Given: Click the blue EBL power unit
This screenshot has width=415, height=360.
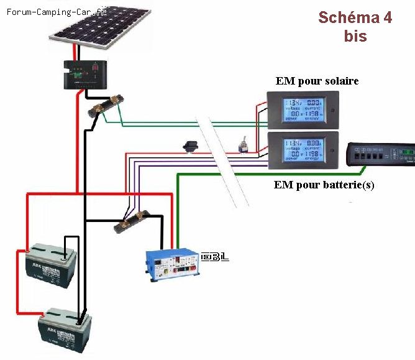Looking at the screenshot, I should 172,264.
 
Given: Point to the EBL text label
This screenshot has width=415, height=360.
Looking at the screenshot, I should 215,256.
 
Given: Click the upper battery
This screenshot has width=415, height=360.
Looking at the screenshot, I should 49,267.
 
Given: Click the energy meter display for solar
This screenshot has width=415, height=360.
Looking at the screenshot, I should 303,109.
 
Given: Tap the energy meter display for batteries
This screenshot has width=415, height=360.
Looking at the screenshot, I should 303,150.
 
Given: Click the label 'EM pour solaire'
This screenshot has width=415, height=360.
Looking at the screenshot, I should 317,81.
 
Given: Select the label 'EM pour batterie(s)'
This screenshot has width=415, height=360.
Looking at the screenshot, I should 324,185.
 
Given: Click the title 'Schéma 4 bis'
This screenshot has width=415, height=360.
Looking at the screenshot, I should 355,26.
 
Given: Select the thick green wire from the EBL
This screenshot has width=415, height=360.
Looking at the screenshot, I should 178,205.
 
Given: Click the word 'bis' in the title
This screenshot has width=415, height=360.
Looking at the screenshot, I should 355,36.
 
